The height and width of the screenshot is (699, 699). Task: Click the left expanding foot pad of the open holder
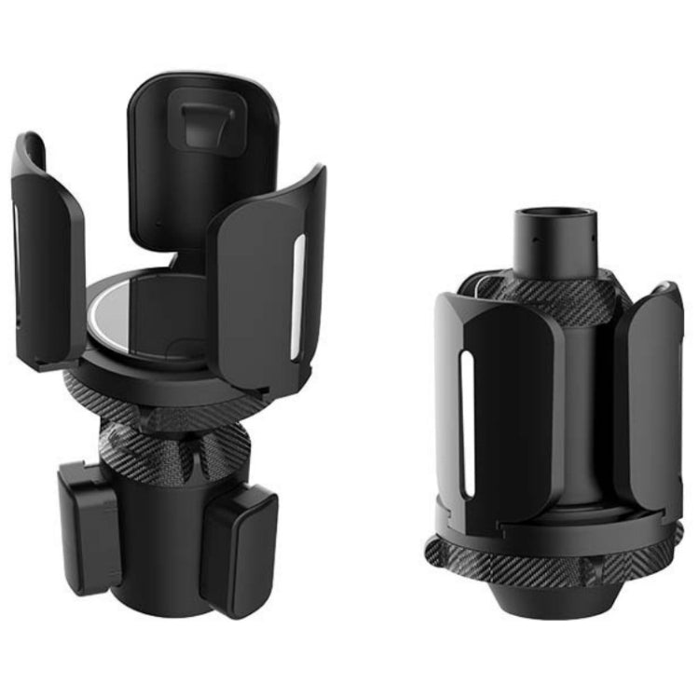(x=89, y=527)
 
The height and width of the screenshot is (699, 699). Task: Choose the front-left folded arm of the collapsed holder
(x=503, y=410)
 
